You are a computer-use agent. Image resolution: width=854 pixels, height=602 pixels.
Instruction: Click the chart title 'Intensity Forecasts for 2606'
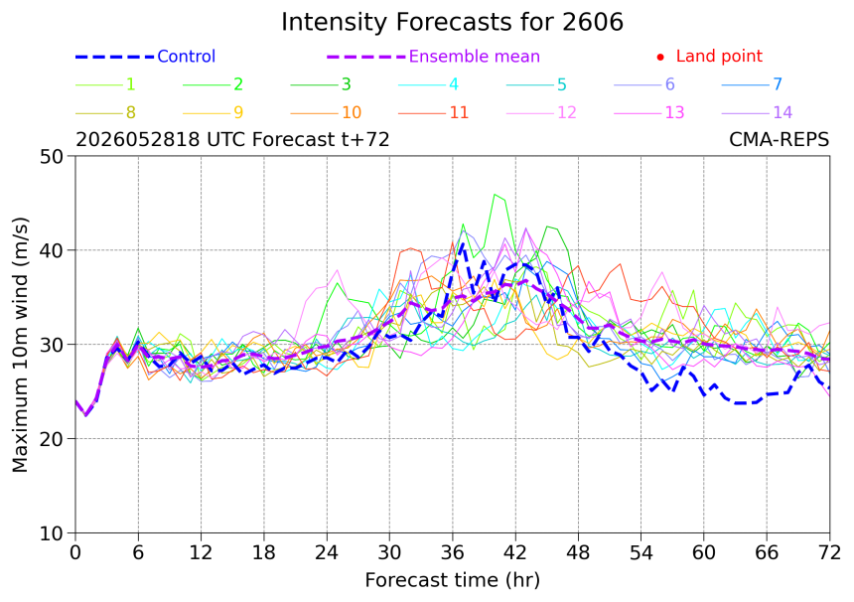(x=452, y=22)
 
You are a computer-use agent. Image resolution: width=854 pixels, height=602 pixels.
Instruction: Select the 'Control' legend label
(x=187, y=56)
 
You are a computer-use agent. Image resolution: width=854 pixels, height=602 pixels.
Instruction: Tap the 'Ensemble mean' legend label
(x=475, y=56)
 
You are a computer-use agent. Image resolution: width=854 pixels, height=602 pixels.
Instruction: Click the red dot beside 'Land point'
(x=660, y=57)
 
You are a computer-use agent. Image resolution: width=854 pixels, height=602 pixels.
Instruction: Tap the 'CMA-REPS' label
(x=779, y=139)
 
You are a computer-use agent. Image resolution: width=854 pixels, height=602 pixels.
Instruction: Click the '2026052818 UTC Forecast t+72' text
(x=232, y=139)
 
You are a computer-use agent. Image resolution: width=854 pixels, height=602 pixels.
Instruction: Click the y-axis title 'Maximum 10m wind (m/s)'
(x=20, y=345)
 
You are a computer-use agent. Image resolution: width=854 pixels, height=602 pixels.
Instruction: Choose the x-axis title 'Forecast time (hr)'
(x=452, y=581)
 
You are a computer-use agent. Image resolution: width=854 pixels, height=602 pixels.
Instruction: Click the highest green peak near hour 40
(x=495, y=195)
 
